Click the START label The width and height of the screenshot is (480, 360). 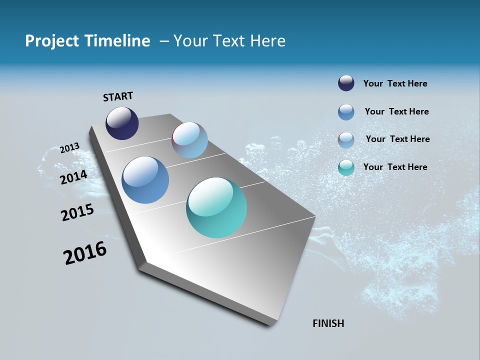[118, 96]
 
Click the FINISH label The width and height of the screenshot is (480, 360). [328, 323]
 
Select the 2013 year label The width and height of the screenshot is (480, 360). [70, 148]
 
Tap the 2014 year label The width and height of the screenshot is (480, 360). [74, 177]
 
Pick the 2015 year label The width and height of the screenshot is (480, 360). [77, 212]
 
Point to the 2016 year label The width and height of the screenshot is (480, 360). [85, 253]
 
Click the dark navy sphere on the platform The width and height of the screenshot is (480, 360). [122, 123]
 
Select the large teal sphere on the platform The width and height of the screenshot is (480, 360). [216, 207]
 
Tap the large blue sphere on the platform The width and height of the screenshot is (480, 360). [145, 180]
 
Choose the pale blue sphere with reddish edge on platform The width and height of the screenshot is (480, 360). [189, 140]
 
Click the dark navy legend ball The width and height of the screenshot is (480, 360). [346, 83]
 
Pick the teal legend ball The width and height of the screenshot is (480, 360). [346, 167]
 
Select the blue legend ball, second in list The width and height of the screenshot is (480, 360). [346, 112]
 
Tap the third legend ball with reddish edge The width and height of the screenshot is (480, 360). [346, 140]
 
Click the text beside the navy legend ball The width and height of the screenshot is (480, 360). [395, 84]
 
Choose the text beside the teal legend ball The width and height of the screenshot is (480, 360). [395, 167]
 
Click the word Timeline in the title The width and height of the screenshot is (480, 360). [118, 41]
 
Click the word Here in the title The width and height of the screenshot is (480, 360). [267, 41]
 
